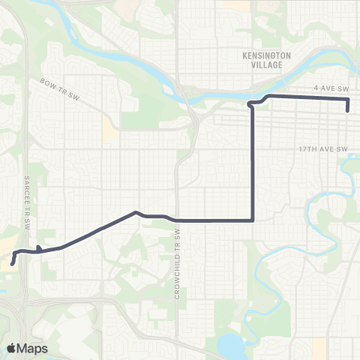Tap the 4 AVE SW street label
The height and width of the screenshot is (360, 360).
click(x=328, y=88)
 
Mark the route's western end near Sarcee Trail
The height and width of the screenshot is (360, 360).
click(x=13, y=263)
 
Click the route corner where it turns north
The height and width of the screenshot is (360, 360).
click(x=253, y=220)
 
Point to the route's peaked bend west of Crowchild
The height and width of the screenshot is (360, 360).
click(x=135, y=212)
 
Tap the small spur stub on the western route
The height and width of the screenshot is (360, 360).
click(x=38, y=247)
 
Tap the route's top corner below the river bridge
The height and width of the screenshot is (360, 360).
click(x=251, y=103)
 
